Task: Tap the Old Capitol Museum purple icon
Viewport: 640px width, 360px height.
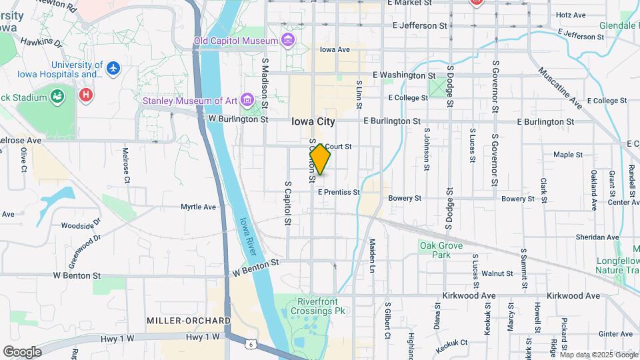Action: point(287,41)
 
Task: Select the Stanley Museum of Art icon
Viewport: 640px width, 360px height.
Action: point(248,101)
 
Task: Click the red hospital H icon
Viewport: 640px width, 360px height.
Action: point(85,95)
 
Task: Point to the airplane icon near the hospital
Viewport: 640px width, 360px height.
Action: point(113,68)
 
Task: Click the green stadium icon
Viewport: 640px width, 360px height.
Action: point(58,97)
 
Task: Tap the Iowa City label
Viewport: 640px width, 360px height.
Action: point(313,122)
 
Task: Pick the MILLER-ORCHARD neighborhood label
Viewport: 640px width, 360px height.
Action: point(189,321)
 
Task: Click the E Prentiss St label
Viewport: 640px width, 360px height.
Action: point(339,192)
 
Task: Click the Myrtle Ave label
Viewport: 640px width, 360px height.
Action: point(199,207)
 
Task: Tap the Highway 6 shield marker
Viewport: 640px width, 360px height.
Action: point(249,344)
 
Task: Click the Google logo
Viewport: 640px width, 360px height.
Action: point(22,351)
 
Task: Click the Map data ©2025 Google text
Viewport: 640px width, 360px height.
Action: point(598,354)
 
